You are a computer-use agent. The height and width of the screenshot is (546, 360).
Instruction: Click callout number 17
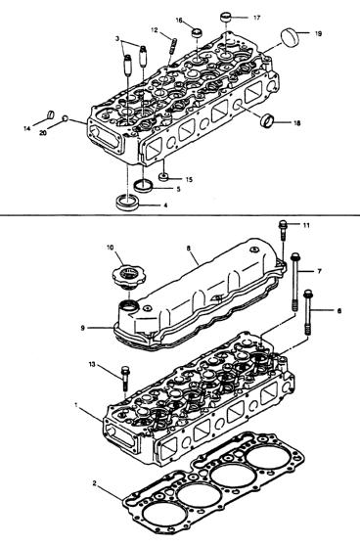point(256,18)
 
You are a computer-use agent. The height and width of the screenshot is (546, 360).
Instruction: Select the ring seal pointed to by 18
point(267,120)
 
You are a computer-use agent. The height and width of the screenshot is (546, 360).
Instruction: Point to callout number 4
point(165,205)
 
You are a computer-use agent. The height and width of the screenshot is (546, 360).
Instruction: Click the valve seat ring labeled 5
point(143,186)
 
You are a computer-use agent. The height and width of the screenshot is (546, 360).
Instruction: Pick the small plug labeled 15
point(163,176)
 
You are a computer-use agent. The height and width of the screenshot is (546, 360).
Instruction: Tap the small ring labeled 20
point(65,118)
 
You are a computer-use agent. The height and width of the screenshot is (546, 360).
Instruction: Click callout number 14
point(27,129)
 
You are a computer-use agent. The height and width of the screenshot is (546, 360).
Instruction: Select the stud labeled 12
point(173,46)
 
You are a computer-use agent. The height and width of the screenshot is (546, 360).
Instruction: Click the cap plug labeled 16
point(198,34)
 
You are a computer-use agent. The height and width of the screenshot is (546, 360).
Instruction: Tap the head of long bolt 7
point(295,256)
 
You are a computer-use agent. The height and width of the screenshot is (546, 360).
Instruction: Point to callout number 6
point(339,310)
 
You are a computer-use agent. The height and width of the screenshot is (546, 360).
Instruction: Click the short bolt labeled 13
point(125,378)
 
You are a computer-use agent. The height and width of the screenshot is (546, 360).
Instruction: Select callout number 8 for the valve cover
point(189,249)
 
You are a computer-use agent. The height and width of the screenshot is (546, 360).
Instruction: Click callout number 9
point(82,328)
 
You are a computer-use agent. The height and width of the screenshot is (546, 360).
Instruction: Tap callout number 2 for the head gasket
point(94,483)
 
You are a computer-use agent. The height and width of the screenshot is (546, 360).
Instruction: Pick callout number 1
point(76,405)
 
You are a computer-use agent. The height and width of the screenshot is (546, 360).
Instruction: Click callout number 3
point(117,37)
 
